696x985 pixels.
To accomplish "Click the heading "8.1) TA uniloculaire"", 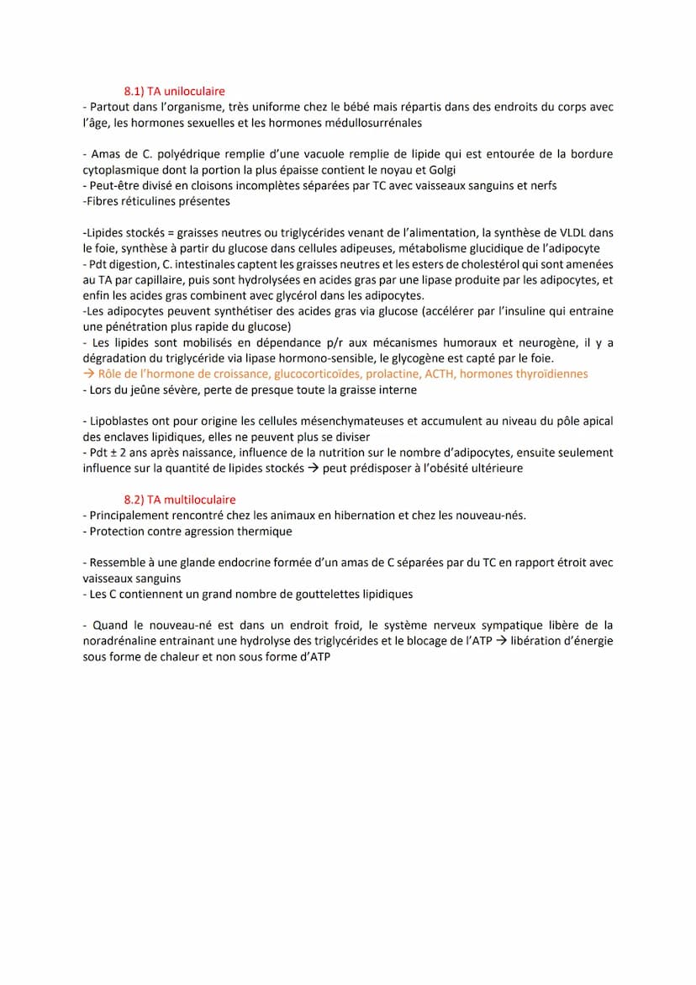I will [174, 91].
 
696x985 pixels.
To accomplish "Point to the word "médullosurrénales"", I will [372, 123].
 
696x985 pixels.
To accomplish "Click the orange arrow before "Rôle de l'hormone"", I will [89, 374].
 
